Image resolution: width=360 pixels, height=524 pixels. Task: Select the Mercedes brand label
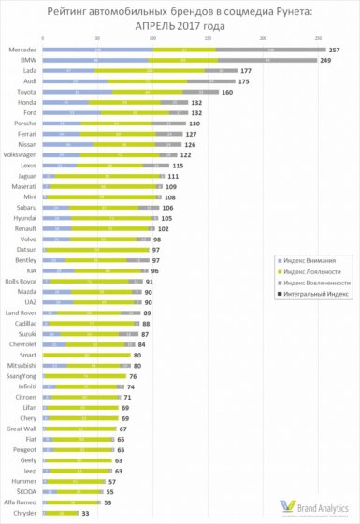pos(22,49)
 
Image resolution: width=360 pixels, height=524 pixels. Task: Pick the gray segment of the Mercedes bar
pos(270,49)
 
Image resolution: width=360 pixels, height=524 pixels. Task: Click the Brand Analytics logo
pos(314,506)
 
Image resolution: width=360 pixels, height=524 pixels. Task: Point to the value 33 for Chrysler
pos(87,513)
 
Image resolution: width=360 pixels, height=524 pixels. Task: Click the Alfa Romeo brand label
pos(22,502)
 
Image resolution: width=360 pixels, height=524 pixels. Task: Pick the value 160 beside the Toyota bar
pos(226,93)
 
